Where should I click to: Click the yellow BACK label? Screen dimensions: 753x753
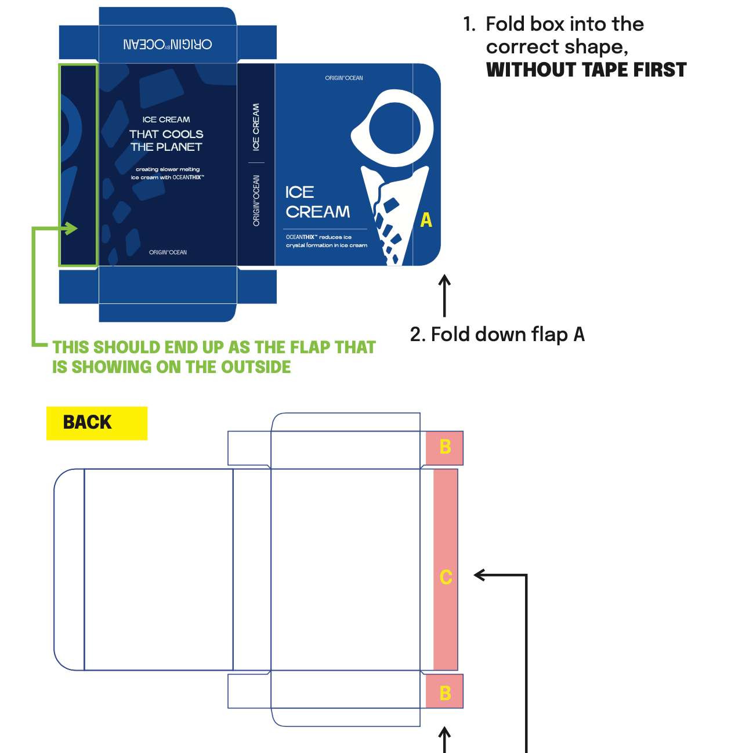[x=88, y=422]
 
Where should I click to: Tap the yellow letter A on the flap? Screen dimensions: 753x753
[x=426, y=220]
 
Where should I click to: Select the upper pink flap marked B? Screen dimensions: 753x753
[x=444, y=447]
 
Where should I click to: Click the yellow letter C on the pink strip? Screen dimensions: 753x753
[x=446, y=577]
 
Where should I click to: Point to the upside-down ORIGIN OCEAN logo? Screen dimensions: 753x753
[x=168, y=44]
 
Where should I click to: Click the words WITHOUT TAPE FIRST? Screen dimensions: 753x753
[x=586, y=70]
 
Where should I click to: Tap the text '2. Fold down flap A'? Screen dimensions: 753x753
[x=497, y=335]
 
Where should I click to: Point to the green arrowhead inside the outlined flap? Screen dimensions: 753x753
[x=72, y=228]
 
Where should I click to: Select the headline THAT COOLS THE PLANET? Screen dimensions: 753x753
[x=166, y=140]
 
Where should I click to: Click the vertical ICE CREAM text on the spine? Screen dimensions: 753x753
[x=256, y=127]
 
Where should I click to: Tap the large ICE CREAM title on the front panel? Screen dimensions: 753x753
[x=317, y=202]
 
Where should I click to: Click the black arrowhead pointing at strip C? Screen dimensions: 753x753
[x=480, y=575]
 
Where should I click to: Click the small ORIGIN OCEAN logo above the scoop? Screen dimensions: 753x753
[x=344, y=78]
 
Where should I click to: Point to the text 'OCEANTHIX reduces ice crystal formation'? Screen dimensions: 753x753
[x=326, y=241]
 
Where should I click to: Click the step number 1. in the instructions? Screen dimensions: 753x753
[x=469, y=24]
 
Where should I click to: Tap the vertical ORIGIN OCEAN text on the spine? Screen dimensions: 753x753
[x=256, y=200]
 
